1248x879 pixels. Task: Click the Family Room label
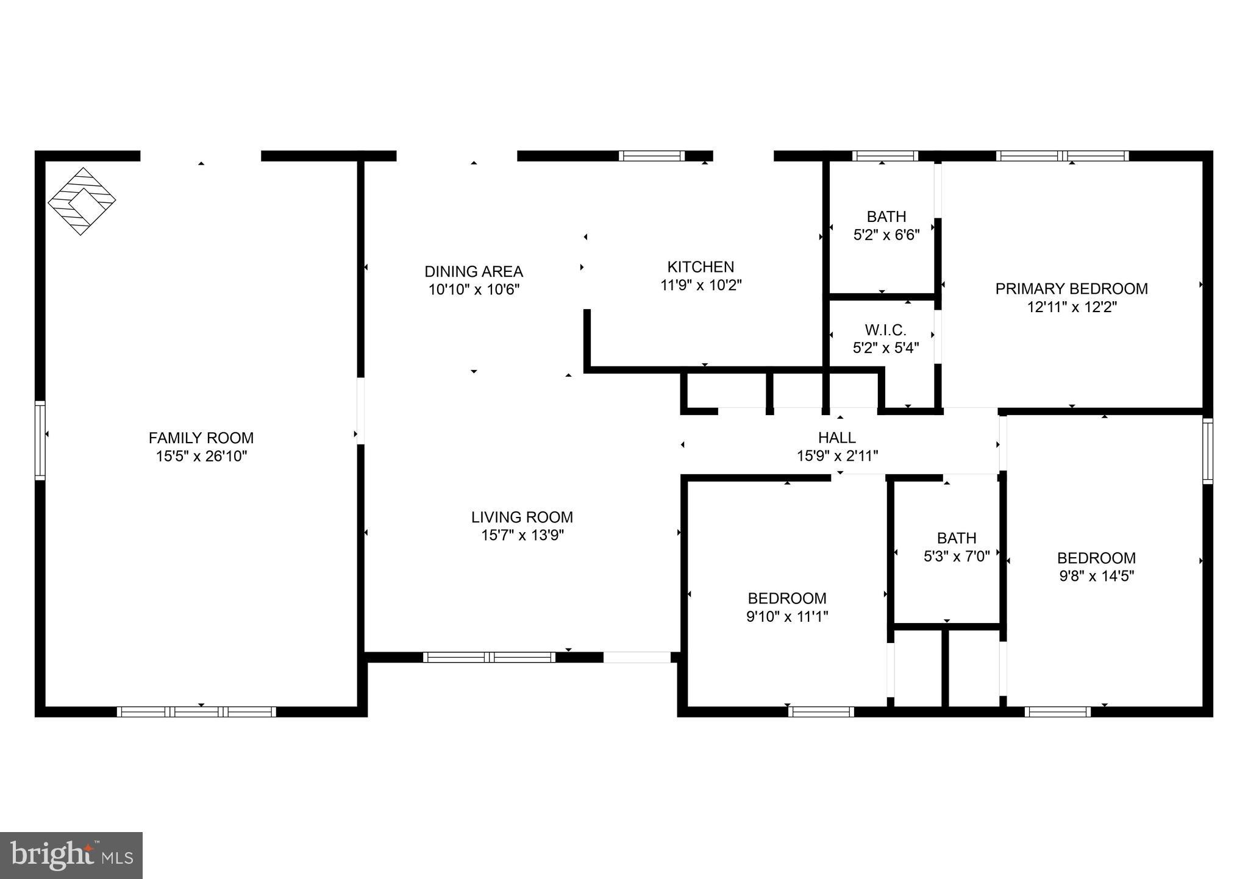201,438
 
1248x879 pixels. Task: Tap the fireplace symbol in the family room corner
82,201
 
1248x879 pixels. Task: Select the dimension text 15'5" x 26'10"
201,456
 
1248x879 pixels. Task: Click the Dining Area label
473,271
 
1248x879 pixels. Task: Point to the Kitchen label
701,266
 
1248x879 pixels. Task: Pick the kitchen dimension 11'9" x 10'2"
701,285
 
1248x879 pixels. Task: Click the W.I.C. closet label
885,330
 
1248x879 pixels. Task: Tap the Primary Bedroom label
1071,288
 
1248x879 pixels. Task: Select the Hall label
836,437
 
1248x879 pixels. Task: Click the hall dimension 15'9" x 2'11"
836,455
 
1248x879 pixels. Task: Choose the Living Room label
522,517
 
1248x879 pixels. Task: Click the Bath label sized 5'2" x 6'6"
886,216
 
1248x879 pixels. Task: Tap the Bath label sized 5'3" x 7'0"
956,538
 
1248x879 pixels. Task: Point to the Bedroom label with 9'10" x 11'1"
786,598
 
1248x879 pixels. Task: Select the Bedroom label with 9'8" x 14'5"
1096,558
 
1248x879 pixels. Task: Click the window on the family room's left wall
40,440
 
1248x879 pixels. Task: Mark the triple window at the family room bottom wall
196,711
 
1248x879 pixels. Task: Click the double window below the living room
489,657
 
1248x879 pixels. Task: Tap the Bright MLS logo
71,855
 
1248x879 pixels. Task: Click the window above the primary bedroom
1062,156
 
